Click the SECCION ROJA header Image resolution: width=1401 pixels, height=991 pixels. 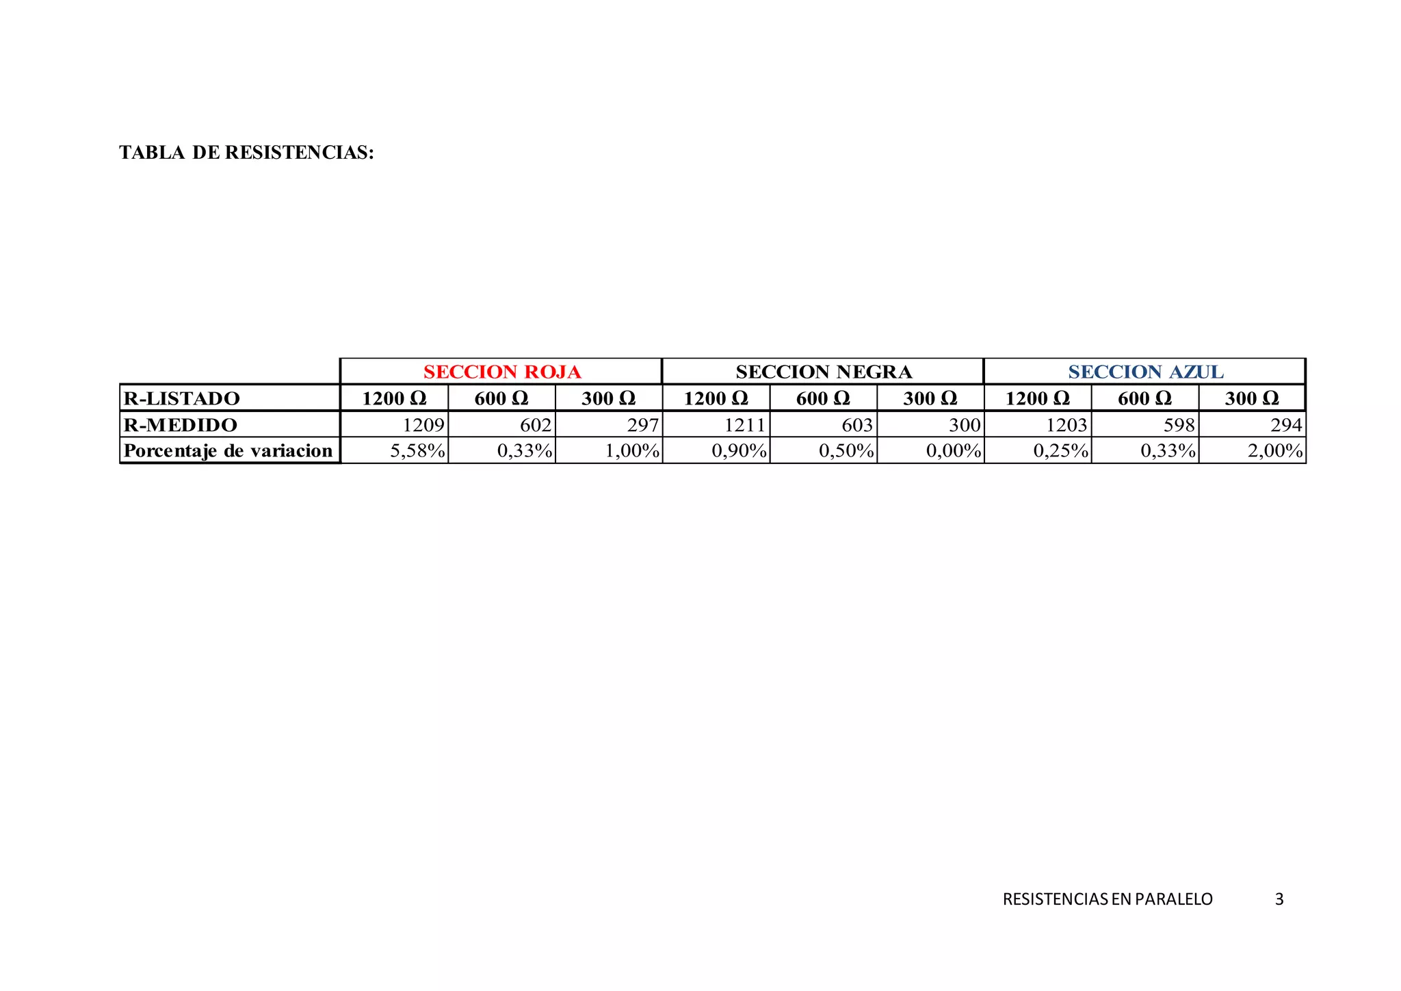(501, 372)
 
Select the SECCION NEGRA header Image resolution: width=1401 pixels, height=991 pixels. (824, 372)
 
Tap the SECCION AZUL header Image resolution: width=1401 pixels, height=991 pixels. (1146, 372)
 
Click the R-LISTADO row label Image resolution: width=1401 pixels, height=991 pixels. (182, 398)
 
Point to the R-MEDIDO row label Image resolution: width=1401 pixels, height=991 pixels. (181, 425)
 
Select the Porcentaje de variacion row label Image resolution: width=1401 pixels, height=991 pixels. (228, 451)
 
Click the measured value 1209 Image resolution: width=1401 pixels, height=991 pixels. (423, 425)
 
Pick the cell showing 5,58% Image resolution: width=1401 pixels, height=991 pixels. (417, 451)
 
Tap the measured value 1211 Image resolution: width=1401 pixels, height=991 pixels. (745, 425)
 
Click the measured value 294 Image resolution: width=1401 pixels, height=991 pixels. (1286, 425)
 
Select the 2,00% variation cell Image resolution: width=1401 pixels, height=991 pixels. (1275, 451)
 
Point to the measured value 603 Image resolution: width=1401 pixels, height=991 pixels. (857, 425)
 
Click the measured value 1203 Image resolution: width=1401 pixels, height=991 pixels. (1066, 425)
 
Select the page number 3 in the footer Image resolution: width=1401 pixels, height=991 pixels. (1279, 899)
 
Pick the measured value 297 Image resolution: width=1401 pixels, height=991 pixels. (643, 425)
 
